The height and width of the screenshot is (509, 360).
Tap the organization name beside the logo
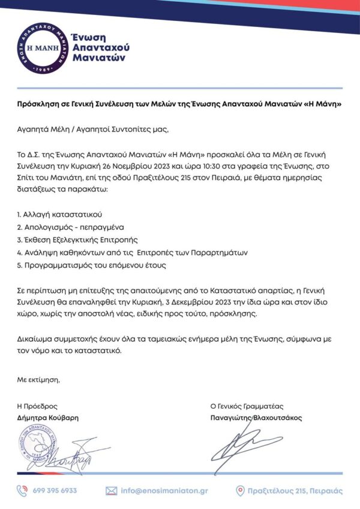point(101,47)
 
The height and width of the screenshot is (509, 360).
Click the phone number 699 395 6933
point(55,490)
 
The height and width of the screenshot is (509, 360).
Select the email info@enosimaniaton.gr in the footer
point(164,490)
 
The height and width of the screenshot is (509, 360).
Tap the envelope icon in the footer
point(111,490)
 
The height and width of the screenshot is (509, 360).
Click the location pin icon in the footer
point(240,490)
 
